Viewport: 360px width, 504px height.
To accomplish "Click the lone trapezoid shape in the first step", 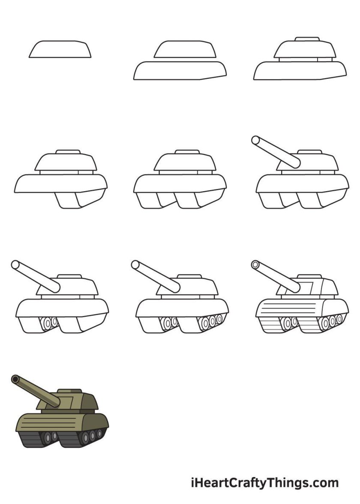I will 60,49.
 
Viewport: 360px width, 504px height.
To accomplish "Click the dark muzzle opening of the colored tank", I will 15,379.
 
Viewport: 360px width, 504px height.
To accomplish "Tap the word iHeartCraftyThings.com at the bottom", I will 264,483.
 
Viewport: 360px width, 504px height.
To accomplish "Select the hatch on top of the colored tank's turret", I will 69,391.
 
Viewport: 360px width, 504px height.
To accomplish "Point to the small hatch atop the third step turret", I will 308,39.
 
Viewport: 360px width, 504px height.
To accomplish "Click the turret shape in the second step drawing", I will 185,50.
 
